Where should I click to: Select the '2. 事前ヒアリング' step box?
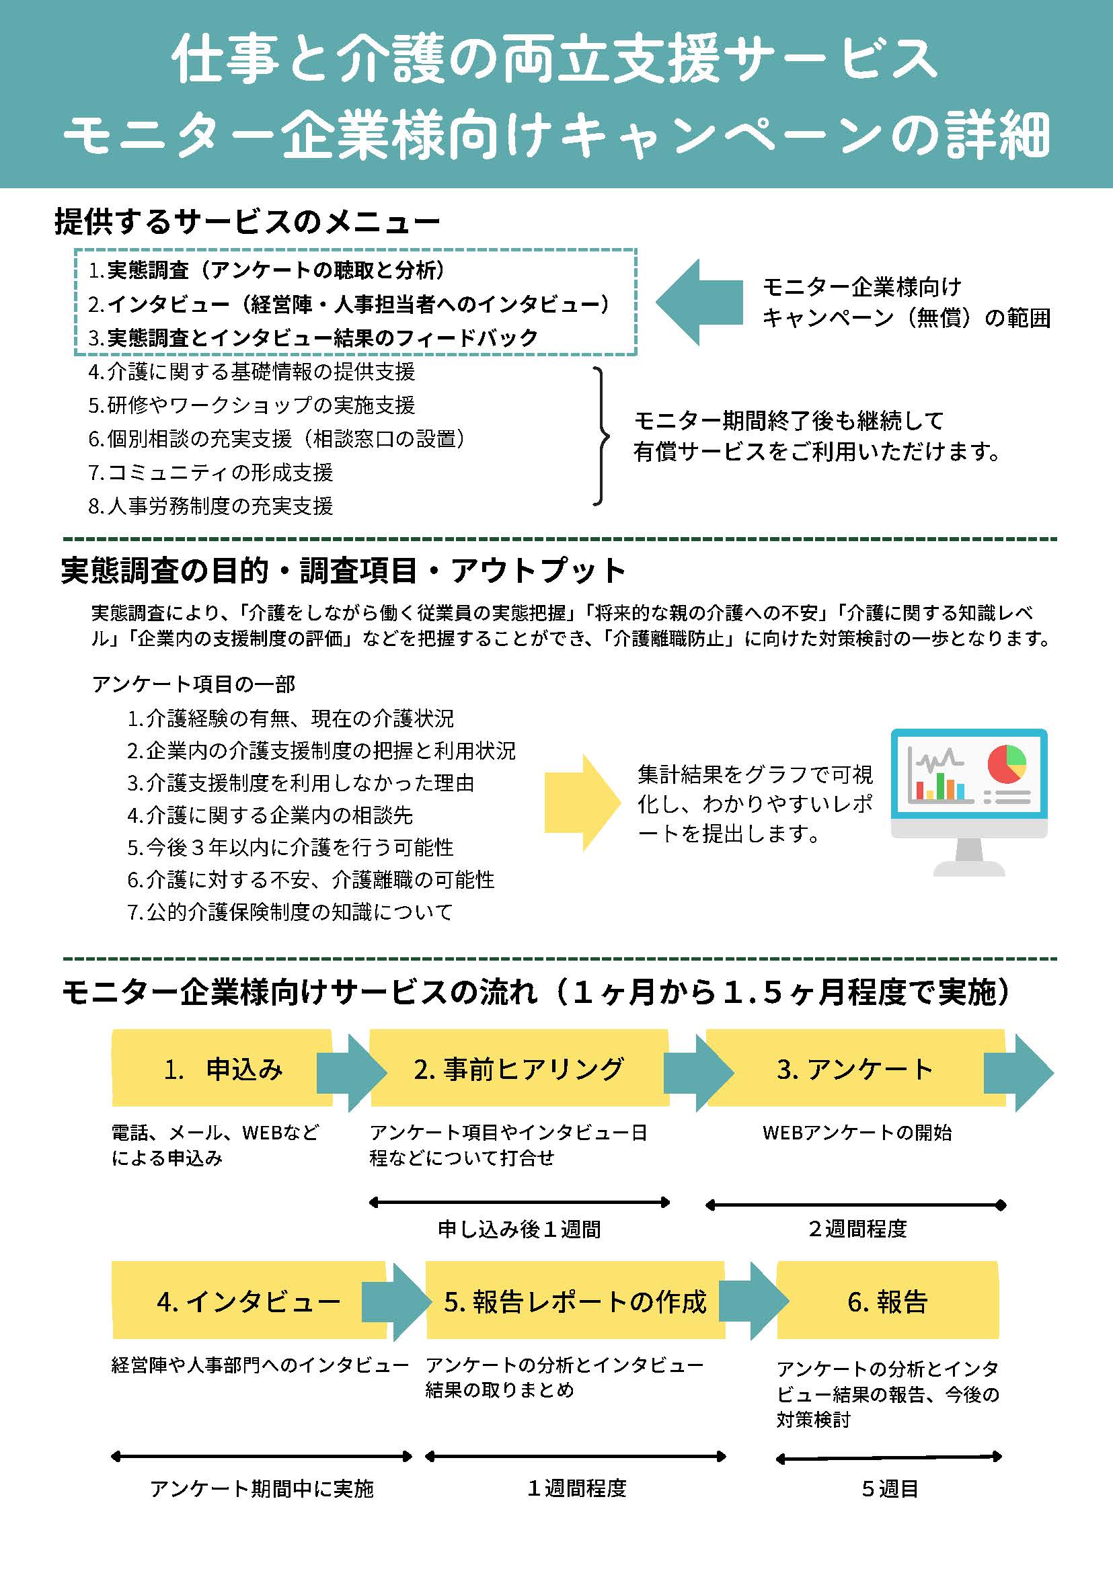coord(519,1068)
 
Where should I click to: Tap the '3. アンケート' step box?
coord(855,1068)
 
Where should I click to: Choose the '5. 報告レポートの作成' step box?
coord(576,1300)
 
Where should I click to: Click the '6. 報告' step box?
coord(888,1300)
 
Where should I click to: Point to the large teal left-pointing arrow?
coord(699,301)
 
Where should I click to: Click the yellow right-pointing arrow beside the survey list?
coord(582,802)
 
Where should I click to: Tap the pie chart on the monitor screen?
coord(1007,764)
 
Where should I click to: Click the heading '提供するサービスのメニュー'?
coord(247,222)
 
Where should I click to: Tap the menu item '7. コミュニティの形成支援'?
coord(210,472)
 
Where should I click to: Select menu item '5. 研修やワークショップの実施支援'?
coord(252,405)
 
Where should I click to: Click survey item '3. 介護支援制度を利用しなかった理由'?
coord(301,782)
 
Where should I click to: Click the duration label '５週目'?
coord(890,1489)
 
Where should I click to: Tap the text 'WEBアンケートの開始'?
coord(857,1133)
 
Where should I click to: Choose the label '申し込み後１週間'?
coord(519,1229)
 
